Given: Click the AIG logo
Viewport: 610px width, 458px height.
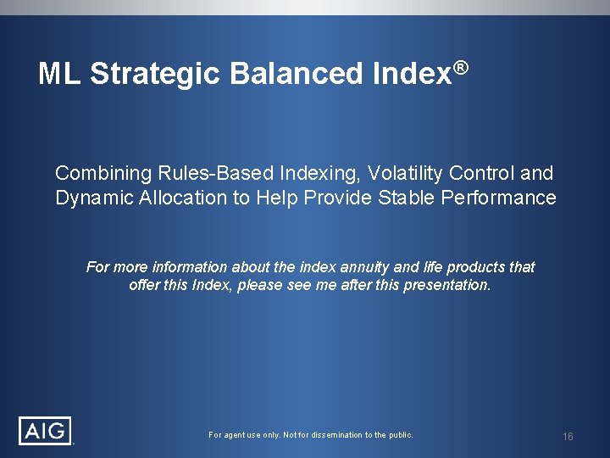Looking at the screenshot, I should [x=46, y=430].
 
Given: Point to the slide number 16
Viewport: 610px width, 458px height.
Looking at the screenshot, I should [x=568, y=436].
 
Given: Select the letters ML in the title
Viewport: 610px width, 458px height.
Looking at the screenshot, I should [x=59, y=75].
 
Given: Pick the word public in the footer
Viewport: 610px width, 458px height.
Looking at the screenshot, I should [x=401, y=435].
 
